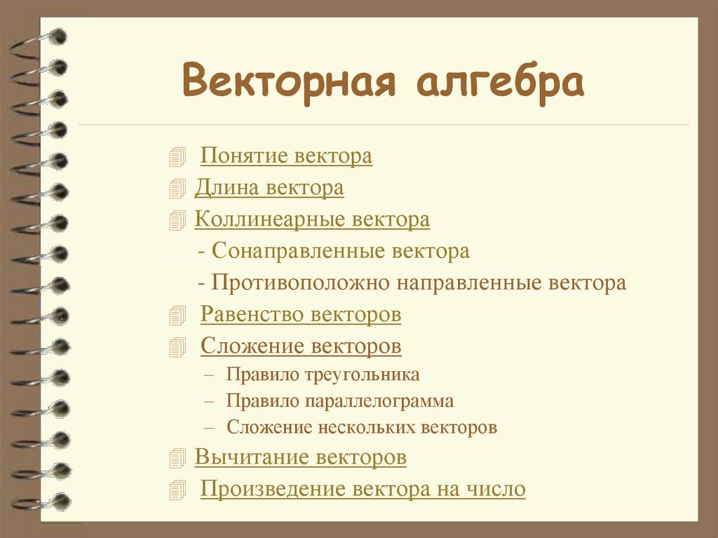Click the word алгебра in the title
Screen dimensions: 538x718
pos(501,83)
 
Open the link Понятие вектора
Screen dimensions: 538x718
pos(286,156)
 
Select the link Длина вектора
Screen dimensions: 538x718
pos(269,188)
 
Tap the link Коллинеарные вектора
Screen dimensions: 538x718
pos(312,220)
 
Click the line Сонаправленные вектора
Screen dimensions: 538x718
pos(339,251)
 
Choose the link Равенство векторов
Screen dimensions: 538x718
pos(301,314)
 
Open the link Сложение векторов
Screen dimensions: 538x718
pos(301,346)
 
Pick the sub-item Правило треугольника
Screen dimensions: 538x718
pos(323,375)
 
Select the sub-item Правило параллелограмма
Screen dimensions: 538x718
pos(339,401)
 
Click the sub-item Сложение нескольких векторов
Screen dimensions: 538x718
pos(361,427)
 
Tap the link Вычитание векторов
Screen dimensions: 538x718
pos(300,457)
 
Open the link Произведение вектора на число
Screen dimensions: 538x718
pos(363,489)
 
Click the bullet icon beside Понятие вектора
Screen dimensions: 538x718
pos(178,157)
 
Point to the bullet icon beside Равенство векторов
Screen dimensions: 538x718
pos(178,316)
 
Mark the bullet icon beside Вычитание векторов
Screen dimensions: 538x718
pos(178,459)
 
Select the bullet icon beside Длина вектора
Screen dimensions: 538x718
pos(178,189)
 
